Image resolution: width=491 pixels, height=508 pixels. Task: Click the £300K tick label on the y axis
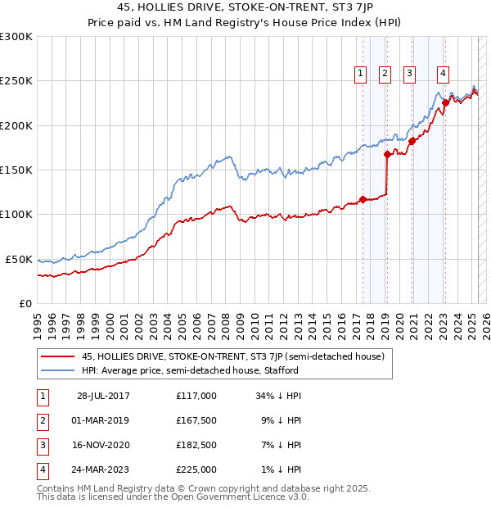(x=16, y=37)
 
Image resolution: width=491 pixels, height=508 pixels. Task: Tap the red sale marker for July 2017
(x=363, y=199)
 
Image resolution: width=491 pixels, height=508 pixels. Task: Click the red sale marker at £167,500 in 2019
(x=386, y=154)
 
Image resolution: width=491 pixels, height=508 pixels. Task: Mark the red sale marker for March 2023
(x=445, y=103)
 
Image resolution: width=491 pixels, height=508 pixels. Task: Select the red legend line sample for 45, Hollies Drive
(x=56, y=356)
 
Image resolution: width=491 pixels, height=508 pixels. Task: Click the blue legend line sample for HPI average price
(x=56, y=370)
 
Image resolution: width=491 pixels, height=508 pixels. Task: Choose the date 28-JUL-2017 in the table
(x=102, y=396)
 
